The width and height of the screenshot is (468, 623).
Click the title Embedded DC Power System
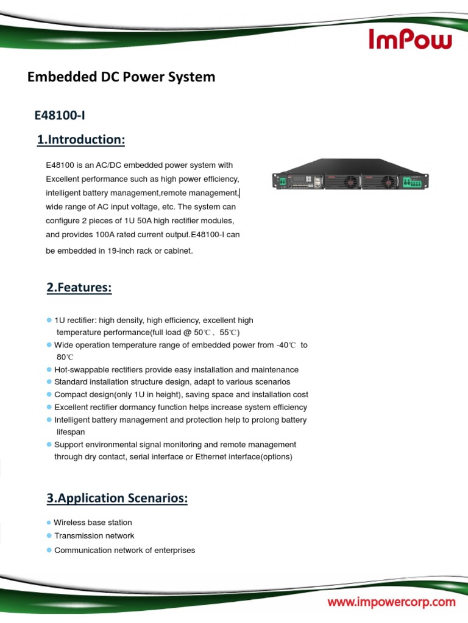click(x=121, y=77)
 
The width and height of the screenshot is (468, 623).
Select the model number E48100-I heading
click(x=63, y=114)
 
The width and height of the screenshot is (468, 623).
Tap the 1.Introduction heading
click(x=81, y=140)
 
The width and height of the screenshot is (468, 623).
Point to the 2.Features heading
click(x=79, y=288)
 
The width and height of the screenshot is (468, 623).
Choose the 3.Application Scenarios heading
click(x=117, y=498)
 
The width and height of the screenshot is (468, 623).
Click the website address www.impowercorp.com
click(x=392, y=602)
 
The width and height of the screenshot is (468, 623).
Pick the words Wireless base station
click(x=93, y=523)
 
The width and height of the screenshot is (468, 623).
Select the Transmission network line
click(x=94, y=536)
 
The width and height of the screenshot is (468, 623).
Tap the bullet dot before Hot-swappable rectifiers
click(x=49, y=370)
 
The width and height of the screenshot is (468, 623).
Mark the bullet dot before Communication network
click(x=49, y=550)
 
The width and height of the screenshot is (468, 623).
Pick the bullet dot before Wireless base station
click(x=49, y=523)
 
